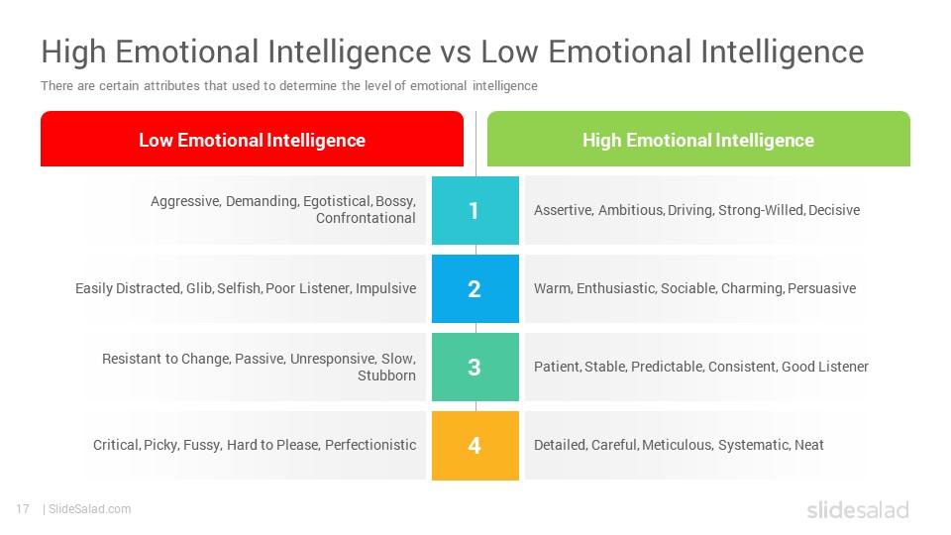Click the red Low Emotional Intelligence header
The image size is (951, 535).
point(252,139)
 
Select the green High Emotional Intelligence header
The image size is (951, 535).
point(698,139)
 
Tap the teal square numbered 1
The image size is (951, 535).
point(475,210)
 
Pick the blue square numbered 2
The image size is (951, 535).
point(475,288)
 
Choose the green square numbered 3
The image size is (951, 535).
point(475,367)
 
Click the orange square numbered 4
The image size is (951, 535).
point(475,445)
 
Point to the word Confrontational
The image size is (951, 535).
point(366,218)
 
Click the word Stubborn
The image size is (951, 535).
point(386,375)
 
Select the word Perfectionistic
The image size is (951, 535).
point(370,445)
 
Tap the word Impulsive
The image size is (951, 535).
point(385,288)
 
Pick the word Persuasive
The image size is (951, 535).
point(822,288)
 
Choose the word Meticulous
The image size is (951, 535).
point(677,445)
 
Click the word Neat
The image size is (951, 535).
point(809,445)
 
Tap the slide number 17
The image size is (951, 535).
point(23,509)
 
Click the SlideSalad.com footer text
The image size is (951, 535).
point(89,509)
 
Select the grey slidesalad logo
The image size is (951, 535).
point(858,509)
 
